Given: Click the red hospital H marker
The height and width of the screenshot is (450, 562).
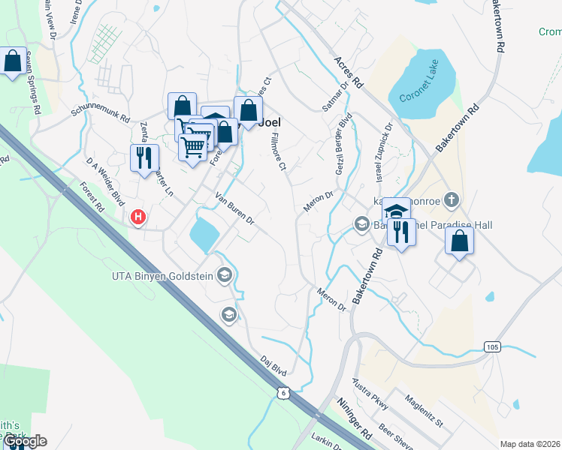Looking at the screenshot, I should [x=138, y=217].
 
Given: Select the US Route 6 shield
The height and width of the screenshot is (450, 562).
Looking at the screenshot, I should [x=283, y=393].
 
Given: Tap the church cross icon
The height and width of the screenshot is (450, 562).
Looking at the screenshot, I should [x=451, y=199].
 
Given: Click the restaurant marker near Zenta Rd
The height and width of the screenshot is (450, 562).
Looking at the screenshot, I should [x=144, y=158].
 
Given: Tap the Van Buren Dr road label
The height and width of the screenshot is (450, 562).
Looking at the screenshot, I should [x=235, y=210].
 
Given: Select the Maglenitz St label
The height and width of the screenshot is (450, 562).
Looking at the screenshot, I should [x=425, y=409].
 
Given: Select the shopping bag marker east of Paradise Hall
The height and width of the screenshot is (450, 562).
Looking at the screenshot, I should [x=460, y=241].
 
